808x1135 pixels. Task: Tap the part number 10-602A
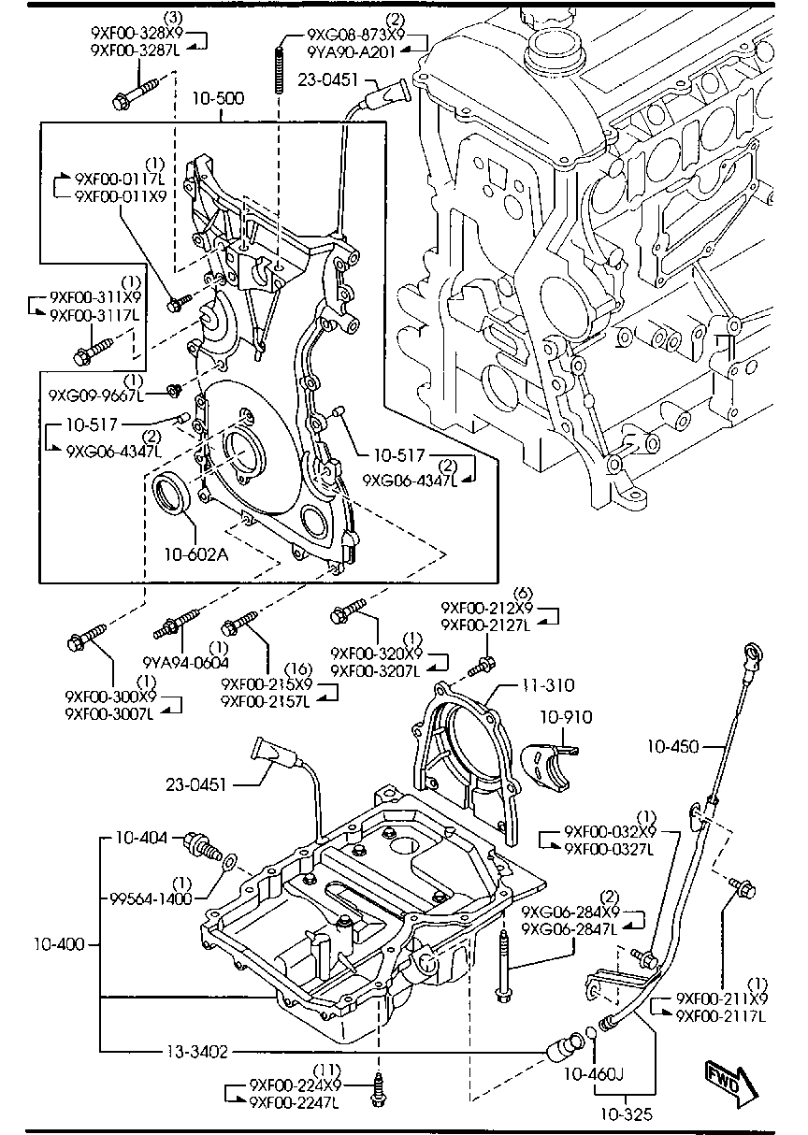196,553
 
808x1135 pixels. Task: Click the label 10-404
142,839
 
